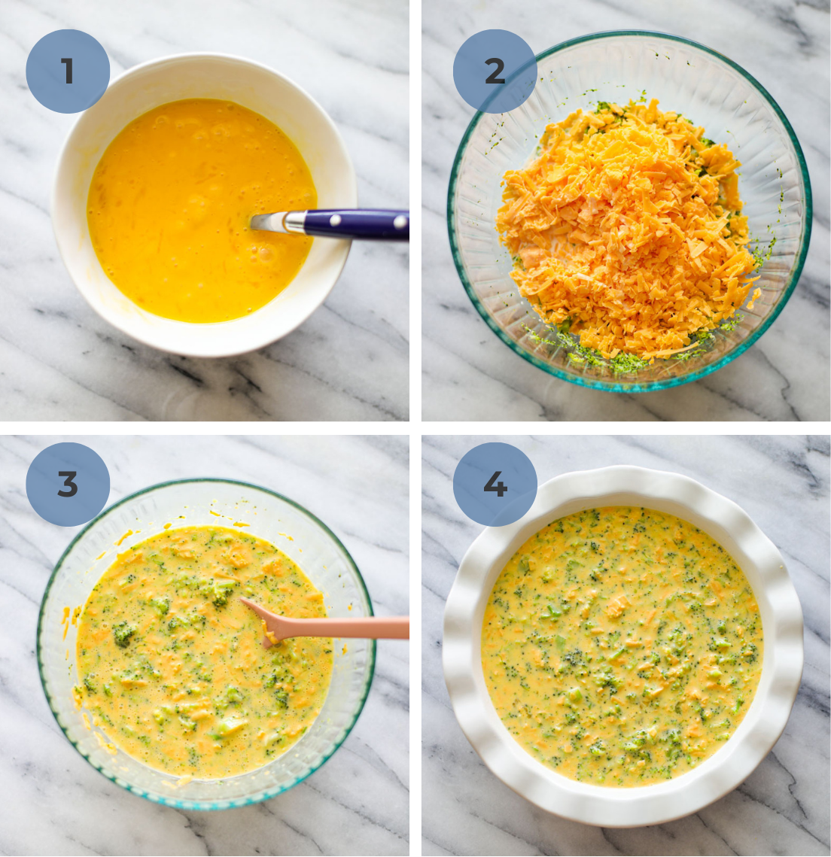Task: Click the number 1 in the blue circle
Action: point(67,71)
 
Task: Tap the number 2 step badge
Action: point(495,71)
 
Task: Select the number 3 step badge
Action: point(68,485)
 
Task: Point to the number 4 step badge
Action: point(495,485)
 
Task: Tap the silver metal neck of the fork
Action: point(294,222)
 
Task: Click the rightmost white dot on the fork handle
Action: point(400,221)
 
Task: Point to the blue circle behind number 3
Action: point(68,485)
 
